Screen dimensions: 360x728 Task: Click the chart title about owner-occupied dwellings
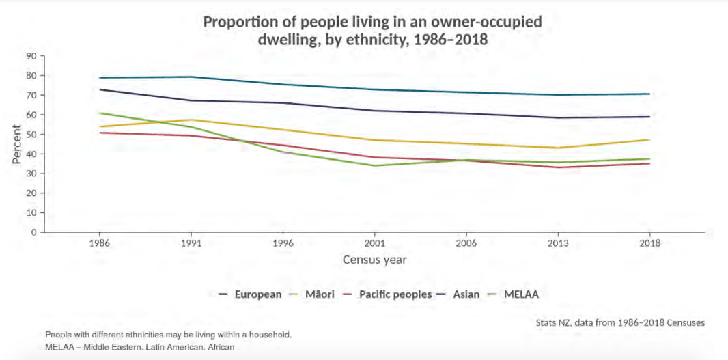(372, 31)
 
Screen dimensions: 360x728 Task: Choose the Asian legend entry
(465, 294)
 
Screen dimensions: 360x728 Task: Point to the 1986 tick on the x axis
(100, 243)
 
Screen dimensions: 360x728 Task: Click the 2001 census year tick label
(374, 243)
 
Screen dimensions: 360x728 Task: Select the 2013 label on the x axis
(558, 243)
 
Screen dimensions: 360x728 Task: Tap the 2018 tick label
(649, 243)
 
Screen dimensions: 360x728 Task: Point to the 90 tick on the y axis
(31, 56)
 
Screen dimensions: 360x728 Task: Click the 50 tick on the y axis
(31, 135)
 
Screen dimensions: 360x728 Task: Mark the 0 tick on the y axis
(33, 232)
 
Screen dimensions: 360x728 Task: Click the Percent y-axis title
(16, 143)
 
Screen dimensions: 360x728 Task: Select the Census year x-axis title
(374, 260)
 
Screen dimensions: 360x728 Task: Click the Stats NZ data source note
(620, 322)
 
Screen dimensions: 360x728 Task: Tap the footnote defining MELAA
(140, 348)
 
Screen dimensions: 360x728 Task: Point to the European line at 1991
(191, 77)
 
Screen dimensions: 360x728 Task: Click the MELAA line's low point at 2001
(374, 165)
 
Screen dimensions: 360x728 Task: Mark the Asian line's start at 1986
(100, 89)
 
